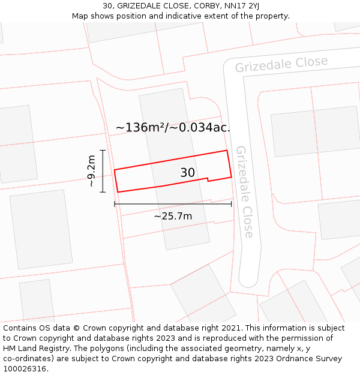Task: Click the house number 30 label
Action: click(187, 173)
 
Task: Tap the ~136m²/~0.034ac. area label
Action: click(173, 127)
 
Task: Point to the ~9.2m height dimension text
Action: click(91, 172)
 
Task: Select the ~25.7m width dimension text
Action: click(173, 216)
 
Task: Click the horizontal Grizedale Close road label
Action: click(281, 64)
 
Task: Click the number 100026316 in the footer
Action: click(25, 368)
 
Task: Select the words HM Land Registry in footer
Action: click(36, 349)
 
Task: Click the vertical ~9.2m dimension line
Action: click(103, 171)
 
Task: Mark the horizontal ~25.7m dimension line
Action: click(173, 205)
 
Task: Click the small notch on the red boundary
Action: click(208, 179)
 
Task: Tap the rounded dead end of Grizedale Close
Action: click(248, 280)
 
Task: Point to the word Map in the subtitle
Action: click(80, 16)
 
